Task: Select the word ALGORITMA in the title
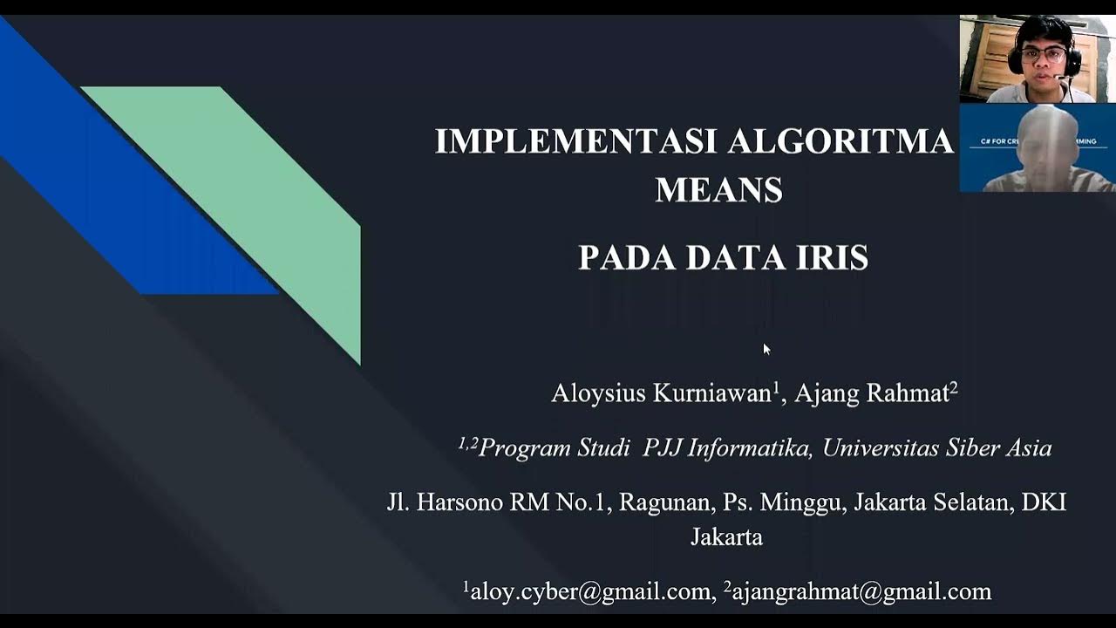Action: coord(840,141)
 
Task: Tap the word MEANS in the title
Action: coord(718,190)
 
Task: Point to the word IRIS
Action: coord(833,258)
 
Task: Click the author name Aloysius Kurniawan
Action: coord(661,393)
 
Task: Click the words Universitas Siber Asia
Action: coord(937,448)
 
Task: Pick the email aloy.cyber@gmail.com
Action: coord(590,592)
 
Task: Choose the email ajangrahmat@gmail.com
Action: coord(861,592)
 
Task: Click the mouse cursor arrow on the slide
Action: coord(766,348)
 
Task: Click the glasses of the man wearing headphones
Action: coord(1044,54)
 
